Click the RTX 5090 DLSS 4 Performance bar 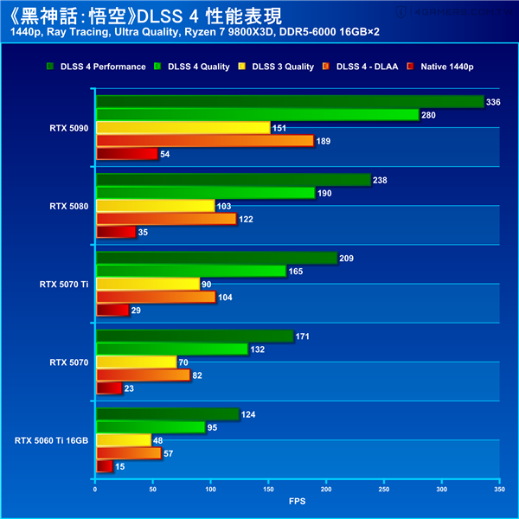[x=290, y=101]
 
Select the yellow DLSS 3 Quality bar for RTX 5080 [x=155, y=206]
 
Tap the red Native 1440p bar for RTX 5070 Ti [x=112, y=310]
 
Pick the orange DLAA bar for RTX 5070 [x=143, y=375]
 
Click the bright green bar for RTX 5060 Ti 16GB [x=151, y=426]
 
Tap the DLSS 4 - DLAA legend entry [x=367, y=67]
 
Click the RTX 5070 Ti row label [x=64, y=284]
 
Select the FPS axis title [x=297, y=501]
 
